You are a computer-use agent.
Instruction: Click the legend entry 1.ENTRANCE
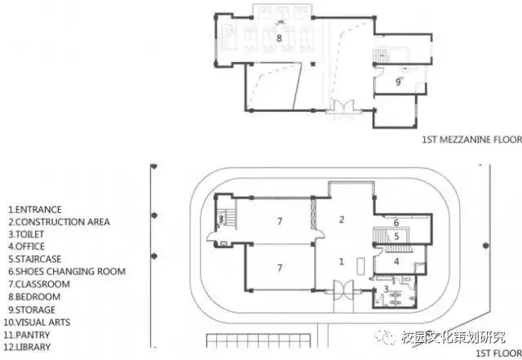click(35, 210)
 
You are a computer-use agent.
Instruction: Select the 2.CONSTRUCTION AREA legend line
click(59, 222)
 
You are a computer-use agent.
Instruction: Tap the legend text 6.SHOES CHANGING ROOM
click(67, 272)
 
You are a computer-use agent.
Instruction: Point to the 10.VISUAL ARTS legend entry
click(37, 322)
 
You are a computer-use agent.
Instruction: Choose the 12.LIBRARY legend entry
click(27, 347)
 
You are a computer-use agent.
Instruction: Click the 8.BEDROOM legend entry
click(34, 296)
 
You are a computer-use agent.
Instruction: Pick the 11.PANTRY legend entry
click(27, 335)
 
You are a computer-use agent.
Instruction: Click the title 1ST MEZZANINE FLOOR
click(471, 140)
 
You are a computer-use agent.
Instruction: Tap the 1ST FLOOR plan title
click(498, 353)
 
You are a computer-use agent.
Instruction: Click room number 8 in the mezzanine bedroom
click(279, 38)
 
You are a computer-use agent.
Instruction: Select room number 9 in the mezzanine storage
click(398, 82)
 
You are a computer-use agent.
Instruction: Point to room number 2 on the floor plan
click(342, 220)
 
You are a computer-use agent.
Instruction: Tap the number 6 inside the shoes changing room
click(396, 222)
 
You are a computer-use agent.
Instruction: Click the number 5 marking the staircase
click(396, 237)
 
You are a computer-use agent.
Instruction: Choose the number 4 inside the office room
click(396, 261)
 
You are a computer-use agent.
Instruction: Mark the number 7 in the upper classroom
click(280, 221)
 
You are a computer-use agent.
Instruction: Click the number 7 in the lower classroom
click(280, 268)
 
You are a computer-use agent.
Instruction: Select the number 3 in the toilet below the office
click(386, 289)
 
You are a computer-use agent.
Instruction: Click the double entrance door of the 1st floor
click(343, 290)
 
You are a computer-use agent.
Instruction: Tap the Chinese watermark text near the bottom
click(453, 338)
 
